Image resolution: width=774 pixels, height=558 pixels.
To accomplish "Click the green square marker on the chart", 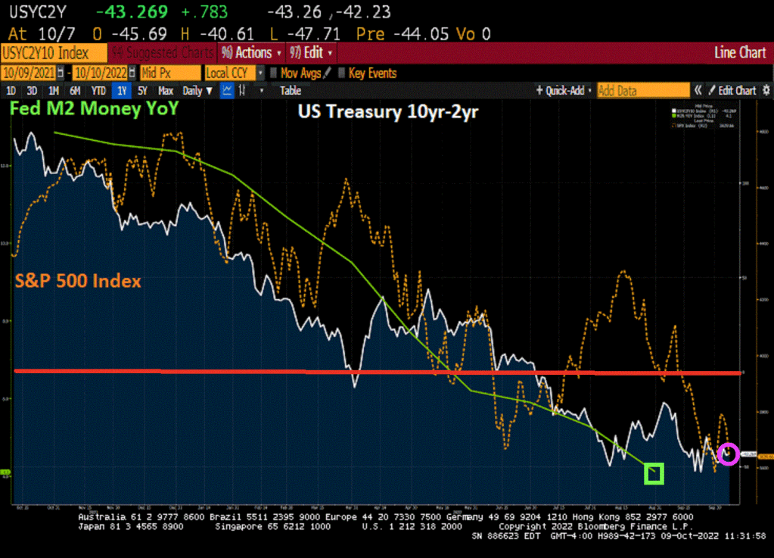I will click(x=654, y=474).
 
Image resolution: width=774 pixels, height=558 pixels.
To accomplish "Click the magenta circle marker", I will click(x=728, y=454).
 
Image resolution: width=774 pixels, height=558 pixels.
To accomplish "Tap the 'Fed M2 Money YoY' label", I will click(x=94, y=109).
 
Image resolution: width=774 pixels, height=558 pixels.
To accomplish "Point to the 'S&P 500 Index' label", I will click(x=78, y=281).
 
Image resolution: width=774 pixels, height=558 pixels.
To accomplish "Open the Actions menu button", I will click(x=250, y=53).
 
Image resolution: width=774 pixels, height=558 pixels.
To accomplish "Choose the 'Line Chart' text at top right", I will click(x=739, y=53).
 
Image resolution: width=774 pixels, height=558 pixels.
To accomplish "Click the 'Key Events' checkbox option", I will click(x=367, y=73).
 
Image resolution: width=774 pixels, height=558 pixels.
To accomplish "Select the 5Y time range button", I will click(x=141, y=91).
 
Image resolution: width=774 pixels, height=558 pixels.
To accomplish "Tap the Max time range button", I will click(x=166, y=91).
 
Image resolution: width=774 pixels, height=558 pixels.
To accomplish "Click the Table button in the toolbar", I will click(x=291, y=91).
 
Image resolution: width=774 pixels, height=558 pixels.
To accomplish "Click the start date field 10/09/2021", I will click(x=31, y=73).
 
